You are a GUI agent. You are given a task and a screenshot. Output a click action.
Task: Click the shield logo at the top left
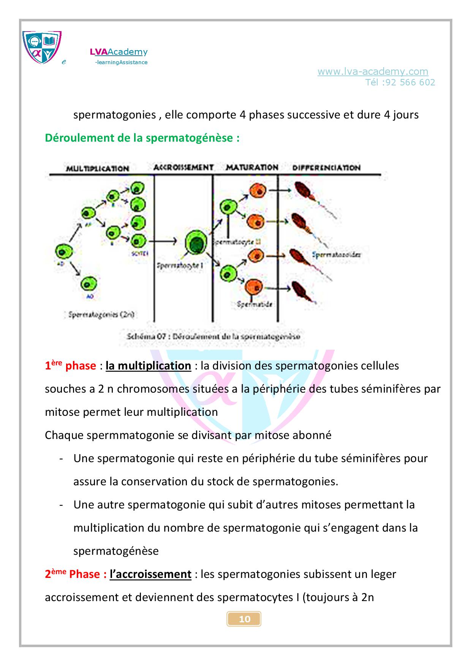42,47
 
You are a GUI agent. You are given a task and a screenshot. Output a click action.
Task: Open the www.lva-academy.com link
373,71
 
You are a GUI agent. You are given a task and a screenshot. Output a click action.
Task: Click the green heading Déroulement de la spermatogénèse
142,138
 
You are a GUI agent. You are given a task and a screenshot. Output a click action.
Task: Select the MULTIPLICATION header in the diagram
98,168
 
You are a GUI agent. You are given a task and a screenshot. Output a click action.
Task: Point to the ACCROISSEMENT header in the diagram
183,167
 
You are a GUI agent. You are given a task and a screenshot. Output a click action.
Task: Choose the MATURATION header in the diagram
252,167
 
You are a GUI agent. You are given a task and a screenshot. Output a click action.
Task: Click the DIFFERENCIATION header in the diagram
326,167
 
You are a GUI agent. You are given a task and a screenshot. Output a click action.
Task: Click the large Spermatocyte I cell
196,243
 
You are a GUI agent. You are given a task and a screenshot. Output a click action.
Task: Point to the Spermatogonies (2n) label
101,314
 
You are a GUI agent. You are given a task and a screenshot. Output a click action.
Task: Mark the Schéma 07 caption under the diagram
213,336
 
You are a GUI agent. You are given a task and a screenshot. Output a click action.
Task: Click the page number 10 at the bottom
244,619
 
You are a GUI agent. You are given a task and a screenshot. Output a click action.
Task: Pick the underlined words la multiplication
148,366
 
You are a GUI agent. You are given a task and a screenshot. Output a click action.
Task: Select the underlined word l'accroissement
150,574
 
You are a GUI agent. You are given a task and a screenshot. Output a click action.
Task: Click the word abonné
313,435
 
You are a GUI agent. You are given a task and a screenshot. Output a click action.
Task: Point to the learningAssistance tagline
122,62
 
